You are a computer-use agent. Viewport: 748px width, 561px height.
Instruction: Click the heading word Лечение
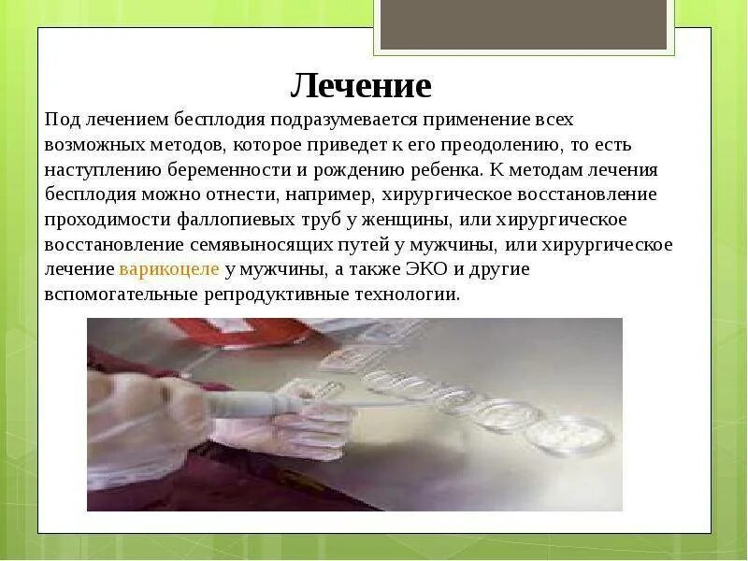361,85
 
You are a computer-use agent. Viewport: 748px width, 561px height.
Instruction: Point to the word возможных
93,146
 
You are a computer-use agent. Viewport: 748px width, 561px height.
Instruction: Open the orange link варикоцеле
169,269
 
